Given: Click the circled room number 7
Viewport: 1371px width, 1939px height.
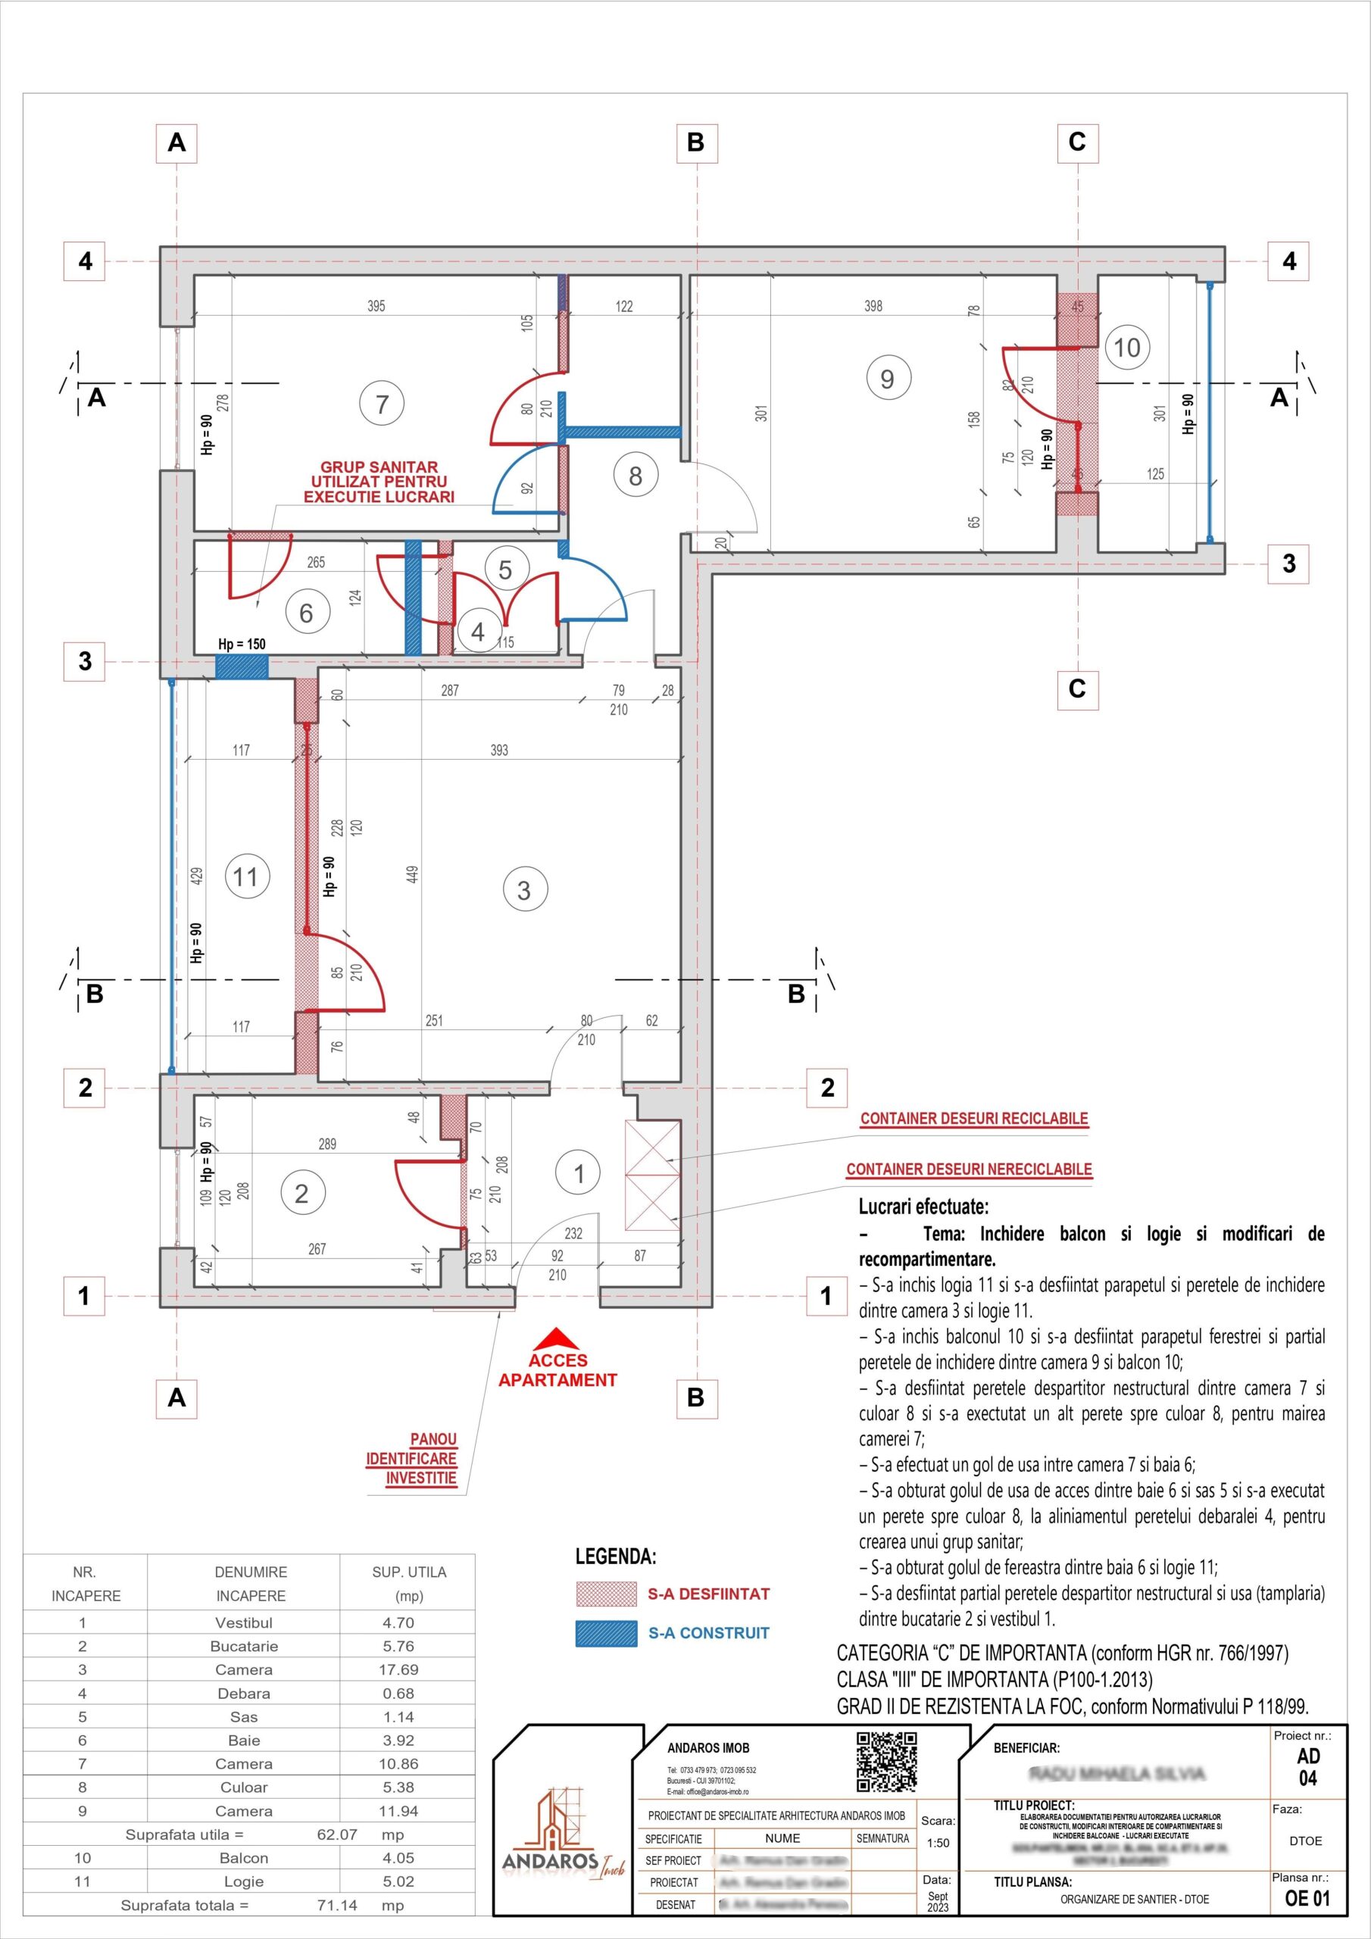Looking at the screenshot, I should (382, 404).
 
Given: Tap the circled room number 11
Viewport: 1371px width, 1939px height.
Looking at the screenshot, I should (247, 876).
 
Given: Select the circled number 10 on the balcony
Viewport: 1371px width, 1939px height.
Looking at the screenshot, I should (1127, 347).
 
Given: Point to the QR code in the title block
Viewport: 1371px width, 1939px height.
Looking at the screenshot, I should (886, 1762).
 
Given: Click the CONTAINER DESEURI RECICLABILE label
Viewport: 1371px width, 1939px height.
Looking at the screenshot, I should (974, 1118).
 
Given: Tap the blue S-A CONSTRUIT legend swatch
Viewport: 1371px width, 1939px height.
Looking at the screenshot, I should (606, 1633).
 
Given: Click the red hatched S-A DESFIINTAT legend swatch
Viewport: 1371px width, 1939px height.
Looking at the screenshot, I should (606, 1594).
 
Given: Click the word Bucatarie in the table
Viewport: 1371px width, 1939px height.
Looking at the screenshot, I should (244, 1646).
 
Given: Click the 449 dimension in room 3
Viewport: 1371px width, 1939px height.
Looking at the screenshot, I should (413, 874).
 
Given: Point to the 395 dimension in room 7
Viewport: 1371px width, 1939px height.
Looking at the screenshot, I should (376, 306).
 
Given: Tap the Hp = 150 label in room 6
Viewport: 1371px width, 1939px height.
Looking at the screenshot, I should (242, 645).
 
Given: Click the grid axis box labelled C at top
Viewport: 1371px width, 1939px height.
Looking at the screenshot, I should (1077, 142).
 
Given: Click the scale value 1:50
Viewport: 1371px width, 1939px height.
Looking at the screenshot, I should (938, 1843).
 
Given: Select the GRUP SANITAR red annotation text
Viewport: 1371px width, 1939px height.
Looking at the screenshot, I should (379, 482).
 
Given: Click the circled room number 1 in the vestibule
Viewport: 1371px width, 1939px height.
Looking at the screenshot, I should (579, 1173).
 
